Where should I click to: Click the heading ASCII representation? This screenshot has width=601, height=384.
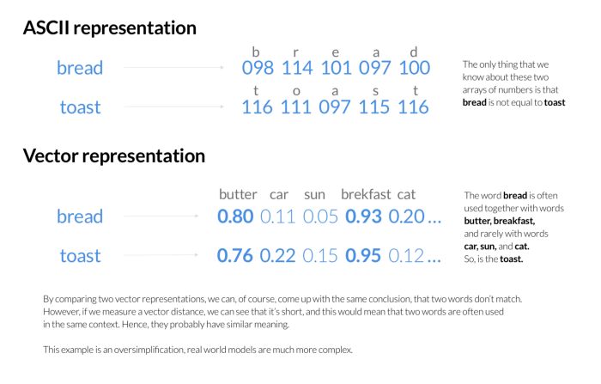[110, 28]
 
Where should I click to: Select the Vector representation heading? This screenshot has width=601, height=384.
[114, 156]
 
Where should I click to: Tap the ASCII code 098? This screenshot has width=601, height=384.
[258, 68]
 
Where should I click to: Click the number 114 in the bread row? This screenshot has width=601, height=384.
[297, 68]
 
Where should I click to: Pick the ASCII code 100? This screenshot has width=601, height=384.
[415, 68]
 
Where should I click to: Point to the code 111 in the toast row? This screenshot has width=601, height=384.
[296, 107]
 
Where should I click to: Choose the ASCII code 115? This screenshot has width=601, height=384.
[373, 107]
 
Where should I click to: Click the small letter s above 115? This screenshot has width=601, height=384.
[376, 91]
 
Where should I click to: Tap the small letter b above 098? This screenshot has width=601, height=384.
[256, 52]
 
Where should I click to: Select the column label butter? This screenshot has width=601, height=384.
[238, 194]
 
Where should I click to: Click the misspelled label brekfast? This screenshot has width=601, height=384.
[366, 194]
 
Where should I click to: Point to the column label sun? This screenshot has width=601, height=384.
[314, 195]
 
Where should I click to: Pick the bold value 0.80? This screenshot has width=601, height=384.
[235, 216]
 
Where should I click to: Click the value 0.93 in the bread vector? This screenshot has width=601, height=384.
[363, 216]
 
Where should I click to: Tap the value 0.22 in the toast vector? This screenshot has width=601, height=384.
[277, 255]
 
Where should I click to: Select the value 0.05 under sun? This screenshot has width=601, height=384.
[320, 216]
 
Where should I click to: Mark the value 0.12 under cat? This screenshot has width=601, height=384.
[406, 255]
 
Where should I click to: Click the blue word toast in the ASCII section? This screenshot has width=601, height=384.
[80, 107]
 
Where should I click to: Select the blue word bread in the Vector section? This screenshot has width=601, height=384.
[80, 216]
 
